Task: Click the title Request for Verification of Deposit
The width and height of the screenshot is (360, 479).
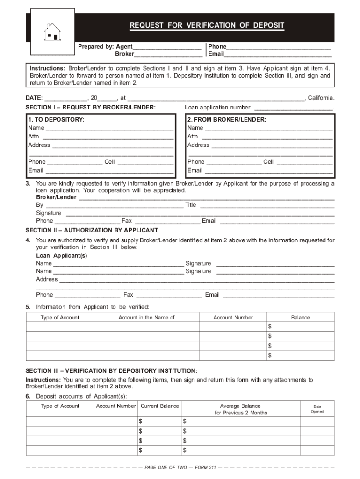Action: [207, 25]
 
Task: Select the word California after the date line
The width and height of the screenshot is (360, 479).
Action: [321, 98]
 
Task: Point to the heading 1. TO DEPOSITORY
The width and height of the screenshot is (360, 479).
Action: [56, 120]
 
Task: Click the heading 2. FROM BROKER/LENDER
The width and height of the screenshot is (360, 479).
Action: [227, 120]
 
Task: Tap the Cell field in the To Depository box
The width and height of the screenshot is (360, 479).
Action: [145, 162]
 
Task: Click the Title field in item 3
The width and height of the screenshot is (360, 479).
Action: [267, 205]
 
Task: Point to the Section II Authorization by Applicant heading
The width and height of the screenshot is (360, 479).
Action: [92, 230]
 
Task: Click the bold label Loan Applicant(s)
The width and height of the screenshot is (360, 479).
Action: [62, 256]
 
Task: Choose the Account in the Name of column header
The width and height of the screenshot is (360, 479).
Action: [146, 318]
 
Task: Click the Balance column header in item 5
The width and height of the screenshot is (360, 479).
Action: [300, 318]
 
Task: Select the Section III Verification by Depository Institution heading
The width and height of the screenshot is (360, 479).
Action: [111, 370]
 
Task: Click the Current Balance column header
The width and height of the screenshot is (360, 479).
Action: [159, 406]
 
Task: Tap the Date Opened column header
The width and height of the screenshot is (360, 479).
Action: [317, 409]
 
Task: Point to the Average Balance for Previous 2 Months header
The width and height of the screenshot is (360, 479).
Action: [241, 409]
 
